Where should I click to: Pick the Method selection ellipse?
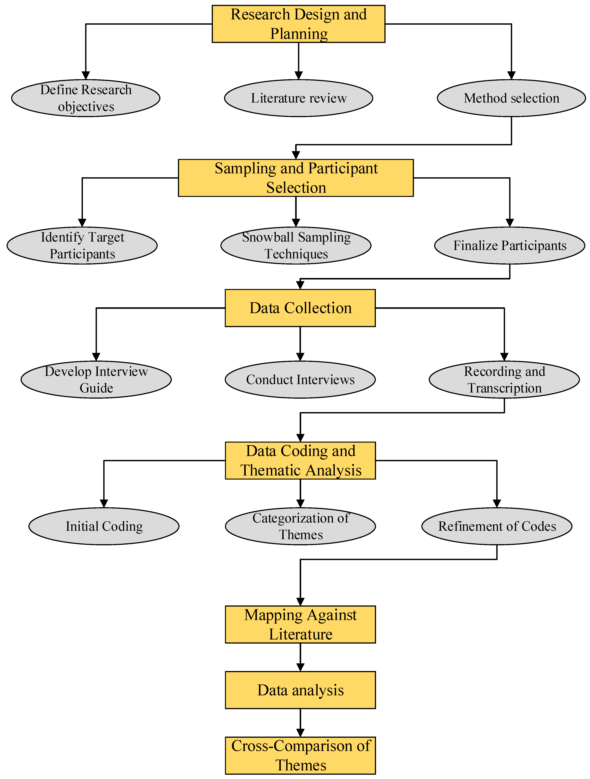point(511,98)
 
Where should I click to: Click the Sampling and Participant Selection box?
point(296,178)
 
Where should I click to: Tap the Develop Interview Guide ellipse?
point(96,380)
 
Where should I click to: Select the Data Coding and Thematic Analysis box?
point(300,460)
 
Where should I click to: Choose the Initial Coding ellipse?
point(104,526)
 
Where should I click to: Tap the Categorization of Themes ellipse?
point(300,526)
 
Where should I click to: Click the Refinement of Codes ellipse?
point(497,526)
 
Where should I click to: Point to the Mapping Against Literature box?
point(300,624)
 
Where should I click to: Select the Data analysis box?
point(300,690)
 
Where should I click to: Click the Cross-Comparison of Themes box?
point(300,755)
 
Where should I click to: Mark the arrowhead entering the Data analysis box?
point(300,667)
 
